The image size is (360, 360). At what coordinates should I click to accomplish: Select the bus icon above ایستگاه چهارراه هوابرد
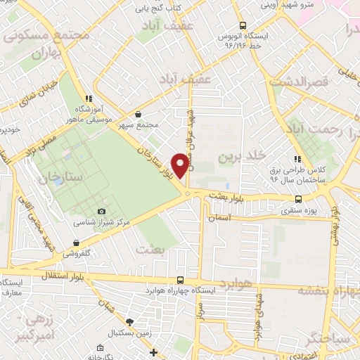181,280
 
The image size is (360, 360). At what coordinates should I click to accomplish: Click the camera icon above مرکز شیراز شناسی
102,212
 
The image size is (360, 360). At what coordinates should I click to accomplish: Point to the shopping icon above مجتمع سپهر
137,114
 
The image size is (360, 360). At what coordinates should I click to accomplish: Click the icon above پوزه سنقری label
298,200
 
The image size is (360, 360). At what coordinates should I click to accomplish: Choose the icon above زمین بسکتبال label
128,321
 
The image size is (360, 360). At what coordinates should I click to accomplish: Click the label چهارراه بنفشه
328,289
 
